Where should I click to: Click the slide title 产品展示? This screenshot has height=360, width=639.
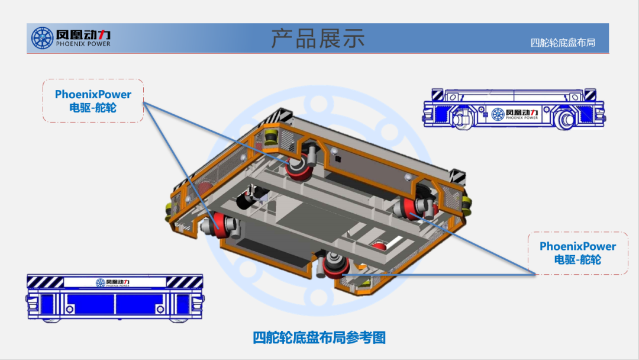point(318,38)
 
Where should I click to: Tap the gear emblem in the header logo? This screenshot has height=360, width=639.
point(42,38)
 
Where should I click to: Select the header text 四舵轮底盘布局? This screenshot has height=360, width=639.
point(562,43)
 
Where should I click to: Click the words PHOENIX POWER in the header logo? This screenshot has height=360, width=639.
point(83,44)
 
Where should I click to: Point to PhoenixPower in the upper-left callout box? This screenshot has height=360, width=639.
point(93,95)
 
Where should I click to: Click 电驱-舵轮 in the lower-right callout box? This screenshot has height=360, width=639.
point(577,259)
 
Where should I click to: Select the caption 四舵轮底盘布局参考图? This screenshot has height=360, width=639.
point(319,337)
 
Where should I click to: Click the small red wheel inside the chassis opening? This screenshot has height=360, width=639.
point(378,245)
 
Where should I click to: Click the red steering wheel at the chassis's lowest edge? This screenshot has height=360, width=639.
point(333,267)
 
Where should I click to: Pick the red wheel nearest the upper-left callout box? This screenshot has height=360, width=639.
point(220,225)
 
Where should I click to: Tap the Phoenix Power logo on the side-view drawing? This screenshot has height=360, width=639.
point(514,114)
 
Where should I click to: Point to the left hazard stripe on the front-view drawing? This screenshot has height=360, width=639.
point(45,282)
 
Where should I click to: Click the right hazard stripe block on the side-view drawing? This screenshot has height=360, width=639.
point(588,95)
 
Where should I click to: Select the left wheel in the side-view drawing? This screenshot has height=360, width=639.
point(462,118)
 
